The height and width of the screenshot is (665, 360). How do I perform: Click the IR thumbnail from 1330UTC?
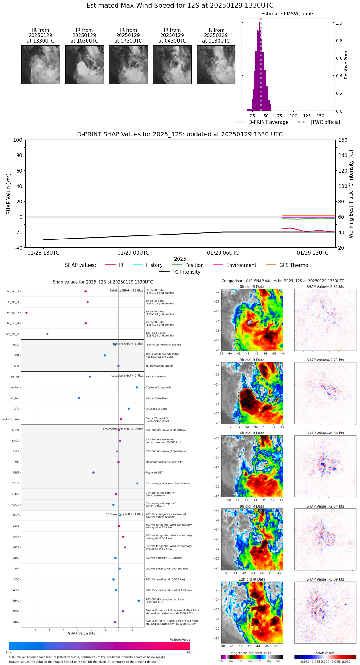tap(40, 64)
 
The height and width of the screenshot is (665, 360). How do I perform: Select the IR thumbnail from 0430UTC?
tap(172, 64)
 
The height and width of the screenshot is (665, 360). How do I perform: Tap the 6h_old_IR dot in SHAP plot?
tap(27, 312)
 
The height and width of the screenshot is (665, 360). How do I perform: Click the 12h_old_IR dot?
tap(47, 334)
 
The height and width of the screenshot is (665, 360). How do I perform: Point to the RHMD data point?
tap(138, 601)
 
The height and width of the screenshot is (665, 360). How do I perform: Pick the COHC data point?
tap(137, 483)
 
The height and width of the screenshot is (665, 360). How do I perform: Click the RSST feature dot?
tap(93, 472)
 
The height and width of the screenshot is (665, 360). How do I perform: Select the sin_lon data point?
tap(79, 398)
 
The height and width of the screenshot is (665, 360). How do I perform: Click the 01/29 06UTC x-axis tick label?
tap(223, 253)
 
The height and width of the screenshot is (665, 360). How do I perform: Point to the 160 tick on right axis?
tap(343, 140)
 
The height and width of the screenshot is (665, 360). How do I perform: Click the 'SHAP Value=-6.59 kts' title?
tap(325, 433)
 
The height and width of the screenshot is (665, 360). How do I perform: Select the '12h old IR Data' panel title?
tap(252, 579)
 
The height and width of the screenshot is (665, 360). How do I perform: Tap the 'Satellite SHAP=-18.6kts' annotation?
tap(126, 291)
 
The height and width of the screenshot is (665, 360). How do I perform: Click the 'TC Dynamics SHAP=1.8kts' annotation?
tap(125, 514)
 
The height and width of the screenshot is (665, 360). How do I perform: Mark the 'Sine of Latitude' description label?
tap(156, 377)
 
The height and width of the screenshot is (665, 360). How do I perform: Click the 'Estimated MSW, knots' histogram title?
tap(288, 14)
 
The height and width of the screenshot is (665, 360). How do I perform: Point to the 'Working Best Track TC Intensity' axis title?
tap(351, 194)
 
